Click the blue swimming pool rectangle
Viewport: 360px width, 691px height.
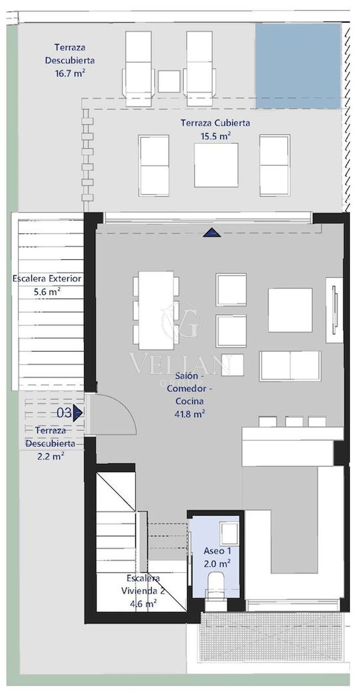298,66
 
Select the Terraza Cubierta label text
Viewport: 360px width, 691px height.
215,123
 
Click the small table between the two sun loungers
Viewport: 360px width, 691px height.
169,81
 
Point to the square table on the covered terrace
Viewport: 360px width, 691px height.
216,165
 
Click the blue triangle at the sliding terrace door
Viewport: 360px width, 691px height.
212,233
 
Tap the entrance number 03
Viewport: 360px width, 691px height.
64,413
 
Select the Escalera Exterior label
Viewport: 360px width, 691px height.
47,279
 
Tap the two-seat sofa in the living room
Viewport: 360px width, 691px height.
290,366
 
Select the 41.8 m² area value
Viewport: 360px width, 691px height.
190,414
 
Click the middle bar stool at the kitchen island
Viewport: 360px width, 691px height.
293,422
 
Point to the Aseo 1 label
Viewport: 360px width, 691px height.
217,551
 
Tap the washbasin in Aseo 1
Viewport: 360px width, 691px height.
229,533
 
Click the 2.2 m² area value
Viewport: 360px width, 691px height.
51,456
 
